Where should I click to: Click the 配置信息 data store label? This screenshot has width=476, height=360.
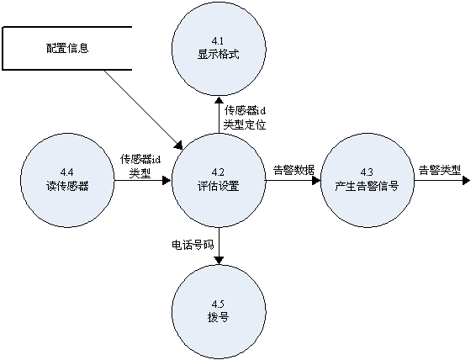point(67,48)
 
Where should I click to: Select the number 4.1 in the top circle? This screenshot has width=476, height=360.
point(218,41)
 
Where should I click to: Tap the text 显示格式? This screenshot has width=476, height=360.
point(219,55)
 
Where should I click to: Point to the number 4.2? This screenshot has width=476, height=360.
point(218,172)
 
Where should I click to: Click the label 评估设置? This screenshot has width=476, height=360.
point(219,186)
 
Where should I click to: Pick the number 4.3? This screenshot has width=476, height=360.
point(367,172)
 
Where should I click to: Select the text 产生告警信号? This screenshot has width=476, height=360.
point(367,186)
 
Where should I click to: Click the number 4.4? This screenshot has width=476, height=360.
point(66,172)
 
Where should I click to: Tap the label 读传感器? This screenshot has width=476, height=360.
point(67,186)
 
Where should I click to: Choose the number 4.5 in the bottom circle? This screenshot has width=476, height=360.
point(218,304)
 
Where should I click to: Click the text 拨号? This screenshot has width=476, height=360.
point(218,317)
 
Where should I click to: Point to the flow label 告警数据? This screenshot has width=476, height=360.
point(294,170)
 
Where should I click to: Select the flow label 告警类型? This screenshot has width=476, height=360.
point(440,170)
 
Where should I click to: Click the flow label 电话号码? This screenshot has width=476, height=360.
point(193,245)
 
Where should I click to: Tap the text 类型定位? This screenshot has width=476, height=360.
point(245,124)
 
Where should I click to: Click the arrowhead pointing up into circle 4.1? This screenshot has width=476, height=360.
point(219,101)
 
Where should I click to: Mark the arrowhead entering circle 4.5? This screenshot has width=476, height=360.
point(219,260)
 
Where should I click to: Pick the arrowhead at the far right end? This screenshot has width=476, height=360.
point(466,181)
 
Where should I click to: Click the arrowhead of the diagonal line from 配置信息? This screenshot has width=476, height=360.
point(179,145)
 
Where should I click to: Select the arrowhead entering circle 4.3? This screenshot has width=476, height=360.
point(316,181)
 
